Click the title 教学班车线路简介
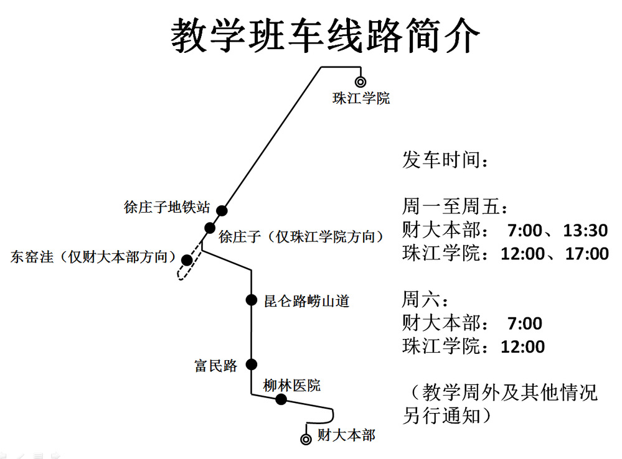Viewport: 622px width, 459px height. coord(326,35)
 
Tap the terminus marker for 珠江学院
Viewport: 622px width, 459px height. coord(360,81)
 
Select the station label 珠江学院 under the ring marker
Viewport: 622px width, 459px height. coord(361,98)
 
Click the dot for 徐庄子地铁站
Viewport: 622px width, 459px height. coord(222,210)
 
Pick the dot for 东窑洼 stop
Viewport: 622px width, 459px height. coord(187,259)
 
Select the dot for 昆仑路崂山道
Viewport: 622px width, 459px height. coord(252,300)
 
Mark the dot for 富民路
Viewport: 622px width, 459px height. coord(252,364)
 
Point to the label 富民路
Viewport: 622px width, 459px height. coord(216,366)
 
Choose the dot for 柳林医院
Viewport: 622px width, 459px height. coord(281,399)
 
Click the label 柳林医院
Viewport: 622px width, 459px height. coord(291,386)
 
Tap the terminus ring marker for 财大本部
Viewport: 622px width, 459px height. coord(306,439)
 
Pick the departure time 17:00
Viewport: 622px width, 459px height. coord(587,254)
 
